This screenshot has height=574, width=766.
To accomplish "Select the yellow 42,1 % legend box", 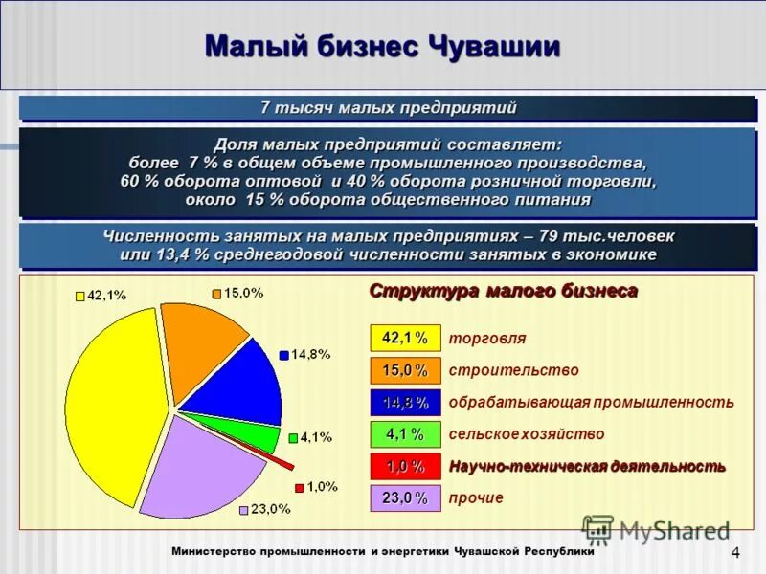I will tap(405, 338).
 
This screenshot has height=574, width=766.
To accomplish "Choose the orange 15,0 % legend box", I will tap(405, 370).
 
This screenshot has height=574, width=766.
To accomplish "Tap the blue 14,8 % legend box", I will tap(405, 402).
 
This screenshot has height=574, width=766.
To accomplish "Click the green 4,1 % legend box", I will tap(405, 434).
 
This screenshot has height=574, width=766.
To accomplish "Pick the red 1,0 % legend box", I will tap(405, 466).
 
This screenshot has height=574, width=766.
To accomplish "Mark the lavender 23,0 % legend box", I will tap(405, 497).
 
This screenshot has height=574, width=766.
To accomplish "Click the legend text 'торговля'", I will tap(486, 339).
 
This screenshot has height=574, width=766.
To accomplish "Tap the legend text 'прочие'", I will tap(476, 497).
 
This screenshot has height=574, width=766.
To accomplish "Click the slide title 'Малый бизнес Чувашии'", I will tap(383, 46).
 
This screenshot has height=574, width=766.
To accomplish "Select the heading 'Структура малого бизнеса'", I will tap(504, 291).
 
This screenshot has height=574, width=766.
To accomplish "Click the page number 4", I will tap(735, 553).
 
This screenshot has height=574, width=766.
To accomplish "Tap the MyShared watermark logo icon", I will tap(597, 530).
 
